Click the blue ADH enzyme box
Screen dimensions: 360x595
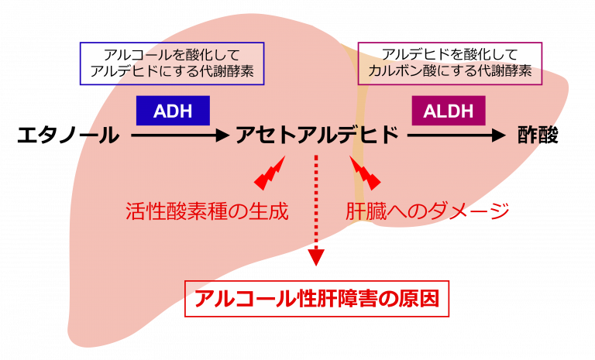click(x=173, y=110)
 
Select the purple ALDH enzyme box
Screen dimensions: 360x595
click(x=449, y=110)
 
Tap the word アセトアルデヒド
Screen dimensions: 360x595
click(x=318, y=135)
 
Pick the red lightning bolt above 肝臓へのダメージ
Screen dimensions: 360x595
click(x=364, y=173)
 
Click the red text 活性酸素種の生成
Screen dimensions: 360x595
click(x=207, y=211)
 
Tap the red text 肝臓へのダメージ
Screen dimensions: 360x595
click(x=427, y=211)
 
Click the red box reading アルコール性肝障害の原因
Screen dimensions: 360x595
click(x=317, y=298)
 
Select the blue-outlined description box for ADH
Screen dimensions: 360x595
click(x=172, y=63)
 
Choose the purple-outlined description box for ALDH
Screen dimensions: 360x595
click(x=450, y=63)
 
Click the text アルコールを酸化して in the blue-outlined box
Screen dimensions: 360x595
click(x=172, y=55)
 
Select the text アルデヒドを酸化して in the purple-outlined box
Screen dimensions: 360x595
click(x=450, y=55)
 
